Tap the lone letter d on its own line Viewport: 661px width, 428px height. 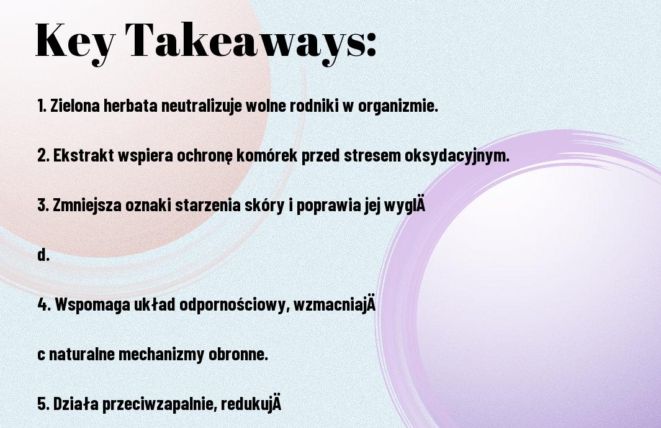(x=43, y=255)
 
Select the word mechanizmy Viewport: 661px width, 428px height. (x=161, y=355)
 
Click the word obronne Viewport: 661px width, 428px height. (x=238, y=354)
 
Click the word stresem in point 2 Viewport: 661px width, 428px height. (x=372, y=156)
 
